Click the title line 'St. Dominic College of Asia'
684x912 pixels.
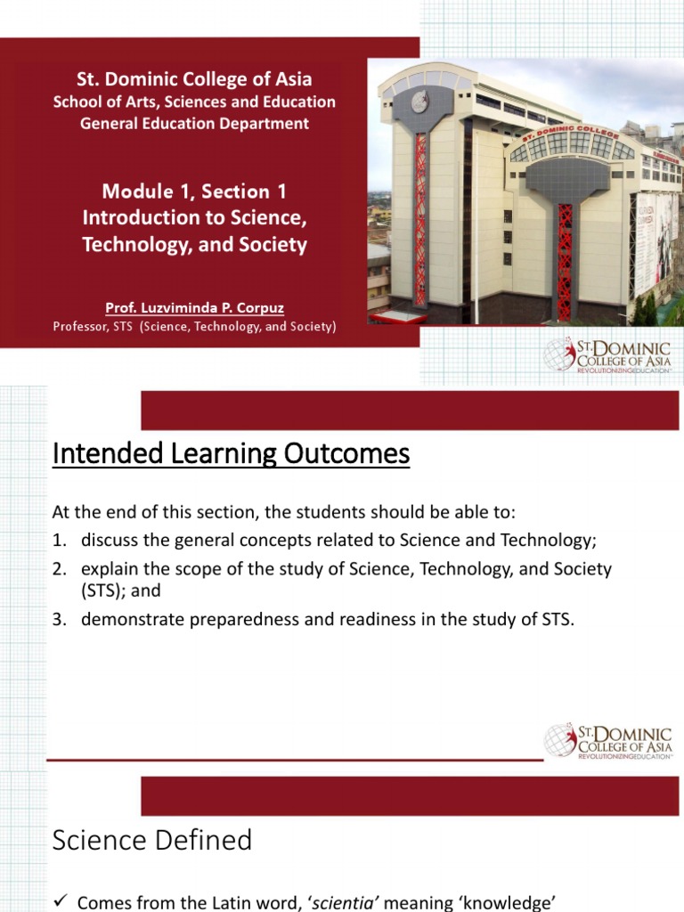194,78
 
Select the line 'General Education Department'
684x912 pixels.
194,124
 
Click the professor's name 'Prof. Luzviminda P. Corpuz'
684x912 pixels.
194,308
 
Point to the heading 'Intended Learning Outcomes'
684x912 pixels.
231,454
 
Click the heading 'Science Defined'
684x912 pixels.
152,839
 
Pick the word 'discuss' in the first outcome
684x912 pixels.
108,541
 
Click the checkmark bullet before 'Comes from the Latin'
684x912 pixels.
61,902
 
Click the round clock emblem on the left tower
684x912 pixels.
419,102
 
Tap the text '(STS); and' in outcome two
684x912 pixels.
119,590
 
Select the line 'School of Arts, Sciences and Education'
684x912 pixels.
194,102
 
